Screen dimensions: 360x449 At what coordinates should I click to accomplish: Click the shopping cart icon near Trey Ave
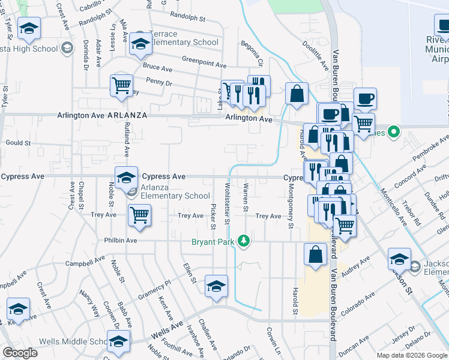tap(139, 215)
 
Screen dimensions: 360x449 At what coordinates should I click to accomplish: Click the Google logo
tap(20, 352)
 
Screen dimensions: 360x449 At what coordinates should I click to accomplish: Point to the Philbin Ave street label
tap(122, 240)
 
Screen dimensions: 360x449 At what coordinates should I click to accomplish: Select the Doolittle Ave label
tap(315, 53)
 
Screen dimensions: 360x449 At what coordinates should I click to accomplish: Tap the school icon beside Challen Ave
tap(216, 286)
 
